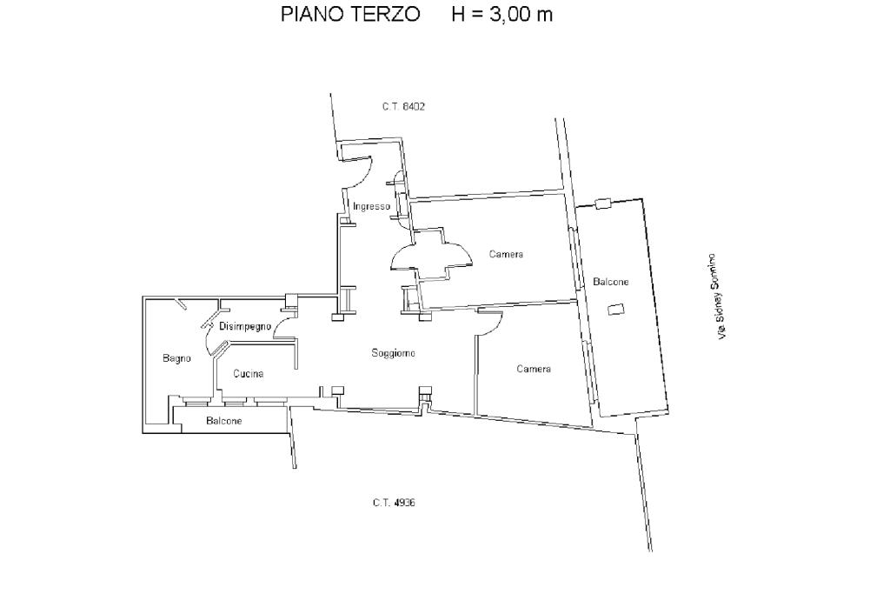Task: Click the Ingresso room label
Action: (x=371, y=206)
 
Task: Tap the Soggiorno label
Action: (x=394, y=353)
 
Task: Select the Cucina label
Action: (x=248, y=374)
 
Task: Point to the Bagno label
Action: (x=176, y=358)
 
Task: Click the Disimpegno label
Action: (x=245, y=327)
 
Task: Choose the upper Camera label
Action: (x=507, y=255)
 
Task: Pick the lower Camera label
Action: (x=534, y=369)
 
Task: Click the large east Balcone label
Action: (x=611, y=282)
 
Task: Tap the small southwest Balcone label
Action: (x=224, y=421)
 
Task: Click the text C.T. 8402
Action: (x=403, y=106)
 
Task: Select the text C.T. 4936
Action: (x=394, y=503)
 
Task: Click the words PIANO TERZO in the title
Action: (x=350, y=14)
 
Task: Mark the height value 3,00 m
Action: (x=521, y=14)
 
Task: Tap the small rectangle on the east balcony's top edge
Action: (x=603, y=204)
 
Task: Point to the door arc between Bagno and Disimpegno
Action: (x=208, y=339)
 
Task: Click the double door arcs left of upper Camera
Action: (x=431, y=255)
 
